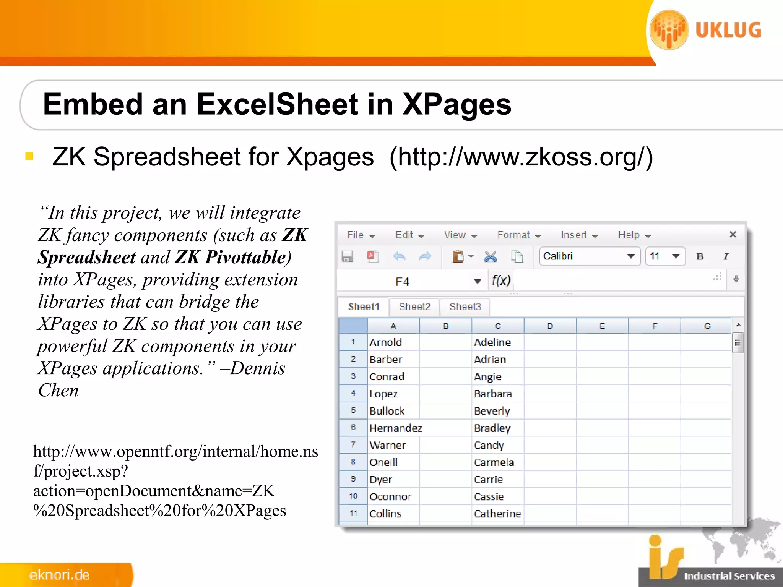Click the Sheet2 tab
coord(414,307)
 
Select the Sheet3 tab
coord(465,307)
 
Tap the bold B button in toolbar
coord(700,256)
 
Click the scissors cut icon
coord(490,256)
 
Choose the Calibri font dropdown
coord(589,256)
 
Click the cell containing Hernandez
coord(395,428)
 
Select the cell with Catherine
coord(497,514)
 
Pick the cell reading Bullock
coord(387,411)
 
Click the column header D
coord(550,326)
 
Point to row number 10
coord(353,496)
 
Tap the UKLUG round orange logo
coord(669,30)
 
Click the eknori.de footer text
coord(60,575)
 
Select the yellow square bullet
coord(29,156)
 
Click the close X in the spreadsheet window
coord(733,234)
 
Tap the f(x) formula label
coord(501,281)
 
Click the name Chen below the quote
coord(58,391)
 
